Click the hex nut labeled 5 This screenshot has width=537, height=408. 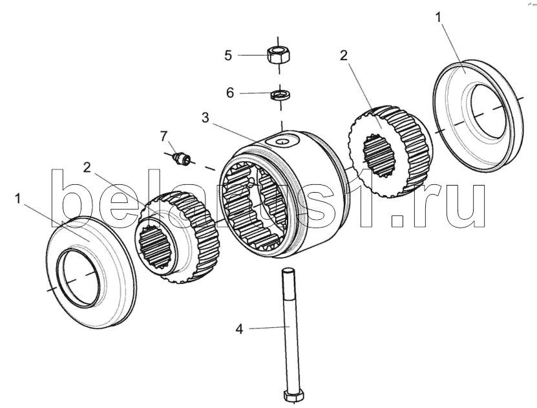(x=278, y=54)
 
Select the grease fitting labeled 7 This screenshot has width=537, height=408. (x=182, y=159)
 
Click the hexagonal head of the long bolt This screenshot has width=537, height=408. (x=293, y=395)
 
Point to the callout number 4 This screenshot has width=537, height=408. (x=239, y=330)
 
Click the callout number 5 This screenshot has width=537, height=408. (x=228, y=55)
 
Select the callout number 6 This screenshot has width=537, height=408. (x=230, y=92)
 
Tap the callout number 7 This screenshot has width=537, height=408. (x=163, y=136)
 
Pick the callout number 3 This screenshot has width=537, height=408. (x=205, y=118)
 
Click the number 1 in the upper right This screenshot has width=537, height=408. (x=438, y=17)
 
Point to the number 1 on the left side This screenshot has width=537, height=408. (x=18, y=199)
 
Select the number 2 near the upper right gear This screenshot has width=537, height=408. (x=344, y=56)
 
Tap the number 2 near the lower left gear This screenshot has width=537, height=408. (x=87, y=167)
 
